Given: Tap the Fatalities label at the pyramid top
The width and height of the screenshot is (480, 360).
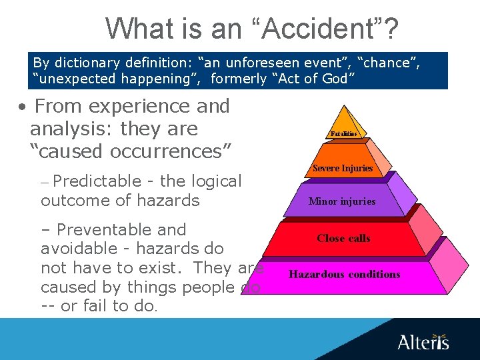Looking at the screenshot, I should click(343, 134).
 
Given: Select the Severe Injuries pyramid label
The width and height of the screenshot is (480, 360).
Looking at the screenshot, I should click(343, 168).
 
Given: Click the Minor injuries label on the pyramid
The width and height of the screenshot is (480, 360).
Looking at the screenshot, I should click(342, 201).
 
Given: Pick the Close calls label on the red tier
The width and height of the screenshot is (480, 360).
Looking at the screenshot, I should click(343, 238).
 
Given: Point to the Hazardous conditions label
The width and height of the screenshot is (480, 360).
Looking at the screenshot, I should click(344, 274).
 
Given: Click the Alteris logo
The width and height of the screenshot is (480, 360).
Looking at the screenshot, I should click(423, 341).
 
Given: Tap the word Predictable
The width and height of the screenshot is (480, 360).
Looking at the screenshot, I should click(85, 181).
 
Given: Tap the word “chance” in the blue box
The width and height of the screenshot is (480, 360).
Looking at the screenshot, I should click(389, 63).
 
